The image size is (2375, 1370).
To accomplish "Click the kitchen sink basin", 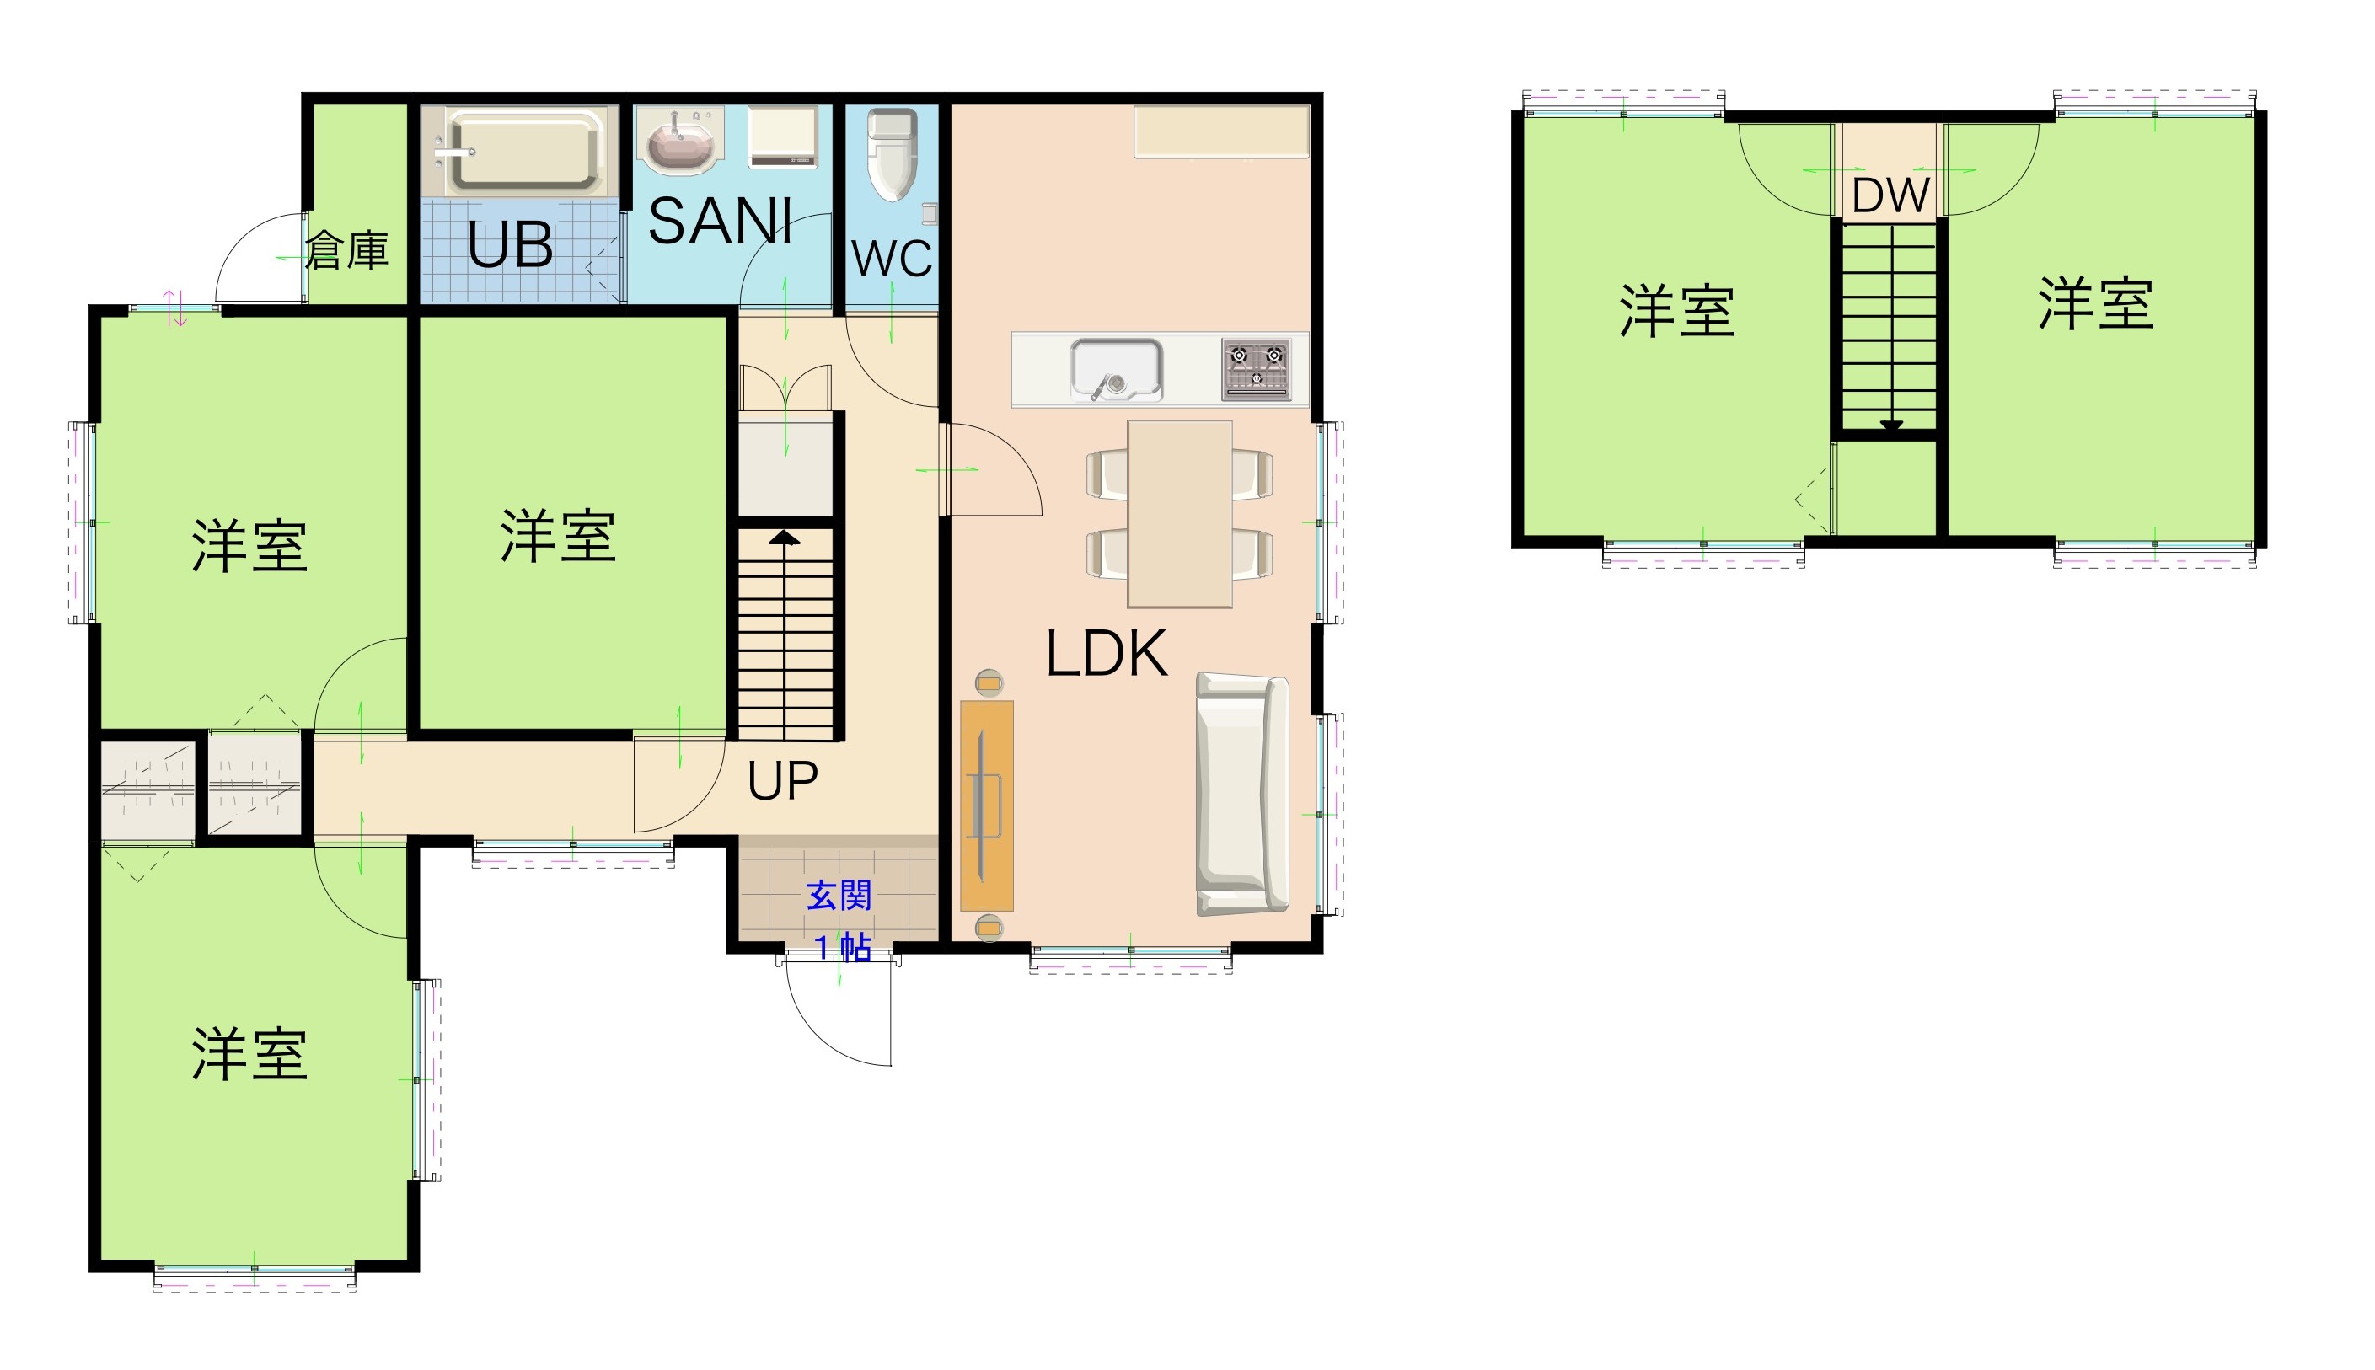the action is coord(1116,369).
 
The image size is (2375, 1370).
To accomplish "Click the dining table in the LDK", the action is coord(1180,514).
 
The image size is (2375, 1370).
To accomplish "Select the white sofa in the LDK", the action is coord(1242,793).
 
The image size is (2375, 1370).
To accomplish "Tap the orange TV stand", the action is coord(986,805).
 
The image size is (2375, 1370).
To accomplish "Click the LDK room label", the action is coord(1107,654).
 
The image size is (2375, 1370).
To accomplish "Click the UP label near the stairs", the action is coord(782,780).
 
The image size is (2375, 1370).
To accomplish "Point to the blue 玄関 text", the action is coord(839,895).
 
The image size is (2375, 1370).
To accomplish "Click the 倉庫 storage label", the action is coord(346,250).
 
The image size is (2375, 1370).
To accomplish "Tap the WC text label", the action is coord(891,259).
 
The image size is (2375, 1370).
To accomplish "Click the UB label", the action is coord(510,247).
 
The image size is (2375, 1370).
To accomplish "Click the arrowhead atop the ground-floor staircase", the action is coord(784,538).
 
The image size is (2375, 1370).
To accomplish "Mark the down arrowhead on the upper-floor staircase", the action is coord(1891,425).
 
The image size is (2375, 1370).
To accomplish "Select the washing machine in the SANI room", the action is coord(783,137).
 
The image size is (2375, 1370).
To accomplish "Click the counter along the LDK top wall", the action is coord(1221,131).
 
